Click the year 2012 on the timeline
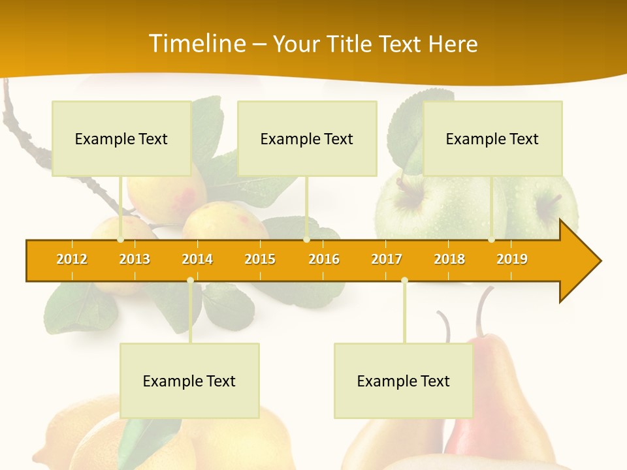coord(72,259)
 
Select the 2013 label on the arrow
coord(135,259)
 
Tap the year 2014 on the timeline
coord(197,259)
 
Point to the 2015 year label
coord(260,259)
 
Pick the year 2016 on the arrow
coord(324,259)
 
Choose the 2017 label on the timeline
coord(387,259)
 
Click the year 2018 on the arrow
coord(449,259)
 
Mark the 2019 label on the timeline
coord(512,259)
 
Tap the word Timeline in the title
coord(196,44)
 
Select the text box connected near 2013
coord(121,138)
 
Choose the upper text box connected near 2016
coord(307,138)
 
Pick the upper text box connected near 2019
coord(492,138)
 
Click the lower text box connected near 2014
coord(189,381)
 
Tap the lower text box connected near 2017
coord(404,381)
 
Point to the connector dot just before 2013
coord(120,240)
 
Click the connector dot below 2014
coord(190,281)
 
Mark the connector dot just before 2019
coord(491,240)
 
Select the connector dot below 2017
coord(404,281)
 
